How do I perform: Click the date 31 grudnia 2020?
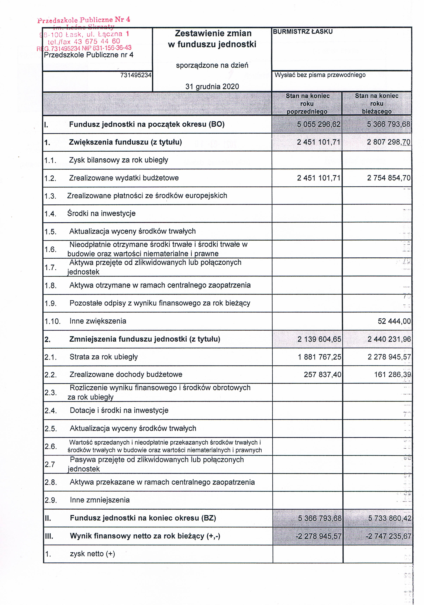point(212,86)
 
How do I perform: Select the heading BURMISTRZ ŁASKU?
point(303,32)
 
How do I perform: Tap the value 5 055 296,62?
point(319,124)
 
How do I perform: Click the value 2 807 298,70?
point(388,142)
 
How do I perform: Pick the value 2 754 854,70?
point(389,178)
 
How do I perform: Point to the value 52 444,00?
point(394,321)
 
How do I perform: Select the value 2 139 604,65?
point(319,339)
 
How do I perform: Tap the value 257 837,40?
point(322,375)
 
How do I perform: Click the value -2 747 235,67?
point(388,536)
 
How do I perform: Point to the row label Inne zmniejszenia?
point(100,500)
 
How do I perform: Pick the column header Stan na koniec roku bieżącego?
point(377,103)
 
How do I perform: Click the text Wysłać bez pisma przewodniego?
point(320,75)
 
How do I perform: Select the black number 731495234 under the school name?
point(136,75)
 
